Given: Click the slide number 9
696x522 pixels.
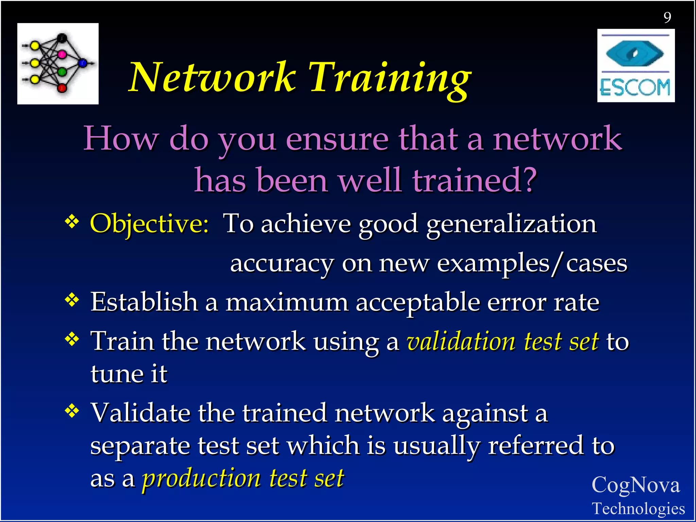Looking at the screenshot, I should (x=667, y=17).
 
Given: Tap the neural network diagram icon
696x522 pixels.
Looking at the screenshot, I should (x=58, y=64).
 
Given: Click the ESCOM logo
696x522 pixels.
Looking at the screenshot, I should (x=636, y=66).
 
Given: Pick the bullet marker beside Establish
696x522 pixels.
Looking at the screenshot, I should (x=72, y=300).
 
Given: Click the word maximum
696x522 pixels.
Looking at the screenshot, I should (x=287, y=302).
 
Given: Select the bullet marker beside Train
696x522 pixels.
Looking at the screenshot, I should (x=72, y=338).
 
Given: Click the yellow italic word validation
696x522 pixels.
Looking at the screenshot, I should (x=461, y=342).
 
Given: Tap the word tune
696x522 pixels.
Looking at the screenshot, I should (x=117, y=374).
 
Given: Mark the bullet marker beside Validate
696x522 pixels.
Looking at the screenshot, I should (x=72, y=411).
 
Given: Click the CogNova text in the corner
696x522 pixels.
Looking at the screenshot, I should (x=636, y=485).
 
